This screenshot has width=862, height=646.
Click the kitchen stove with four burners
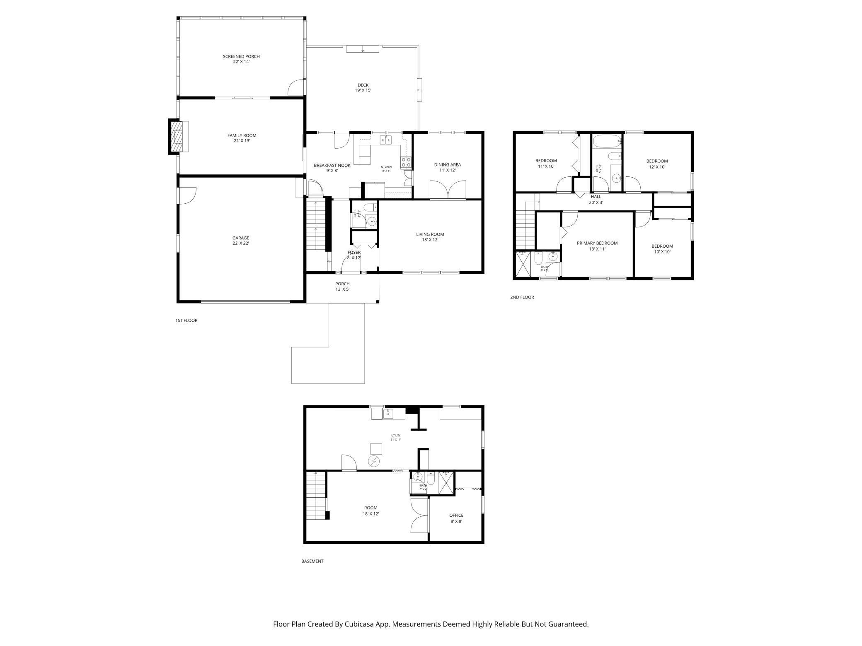click(x=406, y=163)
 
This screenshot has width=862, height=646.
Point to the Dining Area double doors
click(x=448, y=190)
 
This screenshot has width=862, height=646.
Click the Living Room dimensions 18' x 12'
click(x=430, y=240)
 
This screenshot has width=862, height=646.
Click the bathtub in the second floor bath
click(x=607, y=142)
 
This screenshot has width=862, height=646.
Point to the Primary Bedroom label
click(x=597, y=243)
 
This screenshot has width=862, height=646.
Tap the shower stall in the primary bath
click(x=523, y=264)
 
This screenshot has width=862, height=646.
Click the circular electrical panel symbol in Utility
click(x=374, y=461)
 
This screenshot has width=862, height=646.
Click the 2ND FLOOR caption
click(x=522, y=297)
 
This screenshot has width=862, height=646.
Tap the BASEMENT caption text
click(x=312, y=561)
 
